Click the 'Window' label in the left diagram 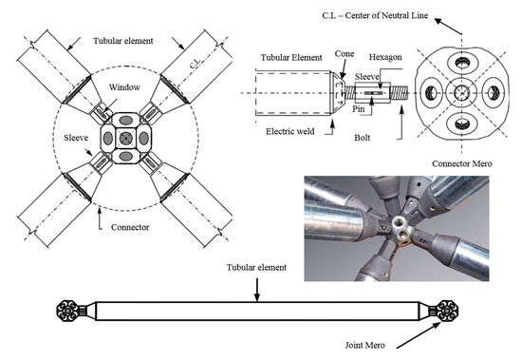coord(124,87)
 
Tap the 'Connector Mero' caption coord(462,163)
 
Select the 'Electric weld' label coord(290,131)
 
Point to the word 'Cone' coord(345,53)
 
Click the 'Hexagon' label coord(385,57)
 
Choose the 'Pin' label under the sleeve coord(359,109)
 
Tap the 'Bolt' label coord(363,138)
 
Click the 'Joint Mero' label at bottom coord(364,345)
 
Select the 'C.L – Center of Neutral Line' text coord(375,15)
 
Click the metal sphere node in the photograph coord(400,230)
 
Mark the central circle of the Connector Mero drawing coord(462,92)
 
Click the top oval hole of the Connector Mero coord(462,63)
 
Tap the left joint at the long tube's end coord(68,311)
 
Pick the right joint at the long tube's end coord(447,311)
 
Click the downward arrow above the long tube coord(256,290)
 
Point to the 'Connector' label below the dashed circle coord(130,227)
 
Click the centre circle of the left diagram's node coord(126,138)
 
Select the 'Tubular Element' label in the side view coord(291,58)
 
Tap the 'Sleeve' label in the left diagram coord(76,138)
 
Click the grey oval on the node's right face coord(144,139)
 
